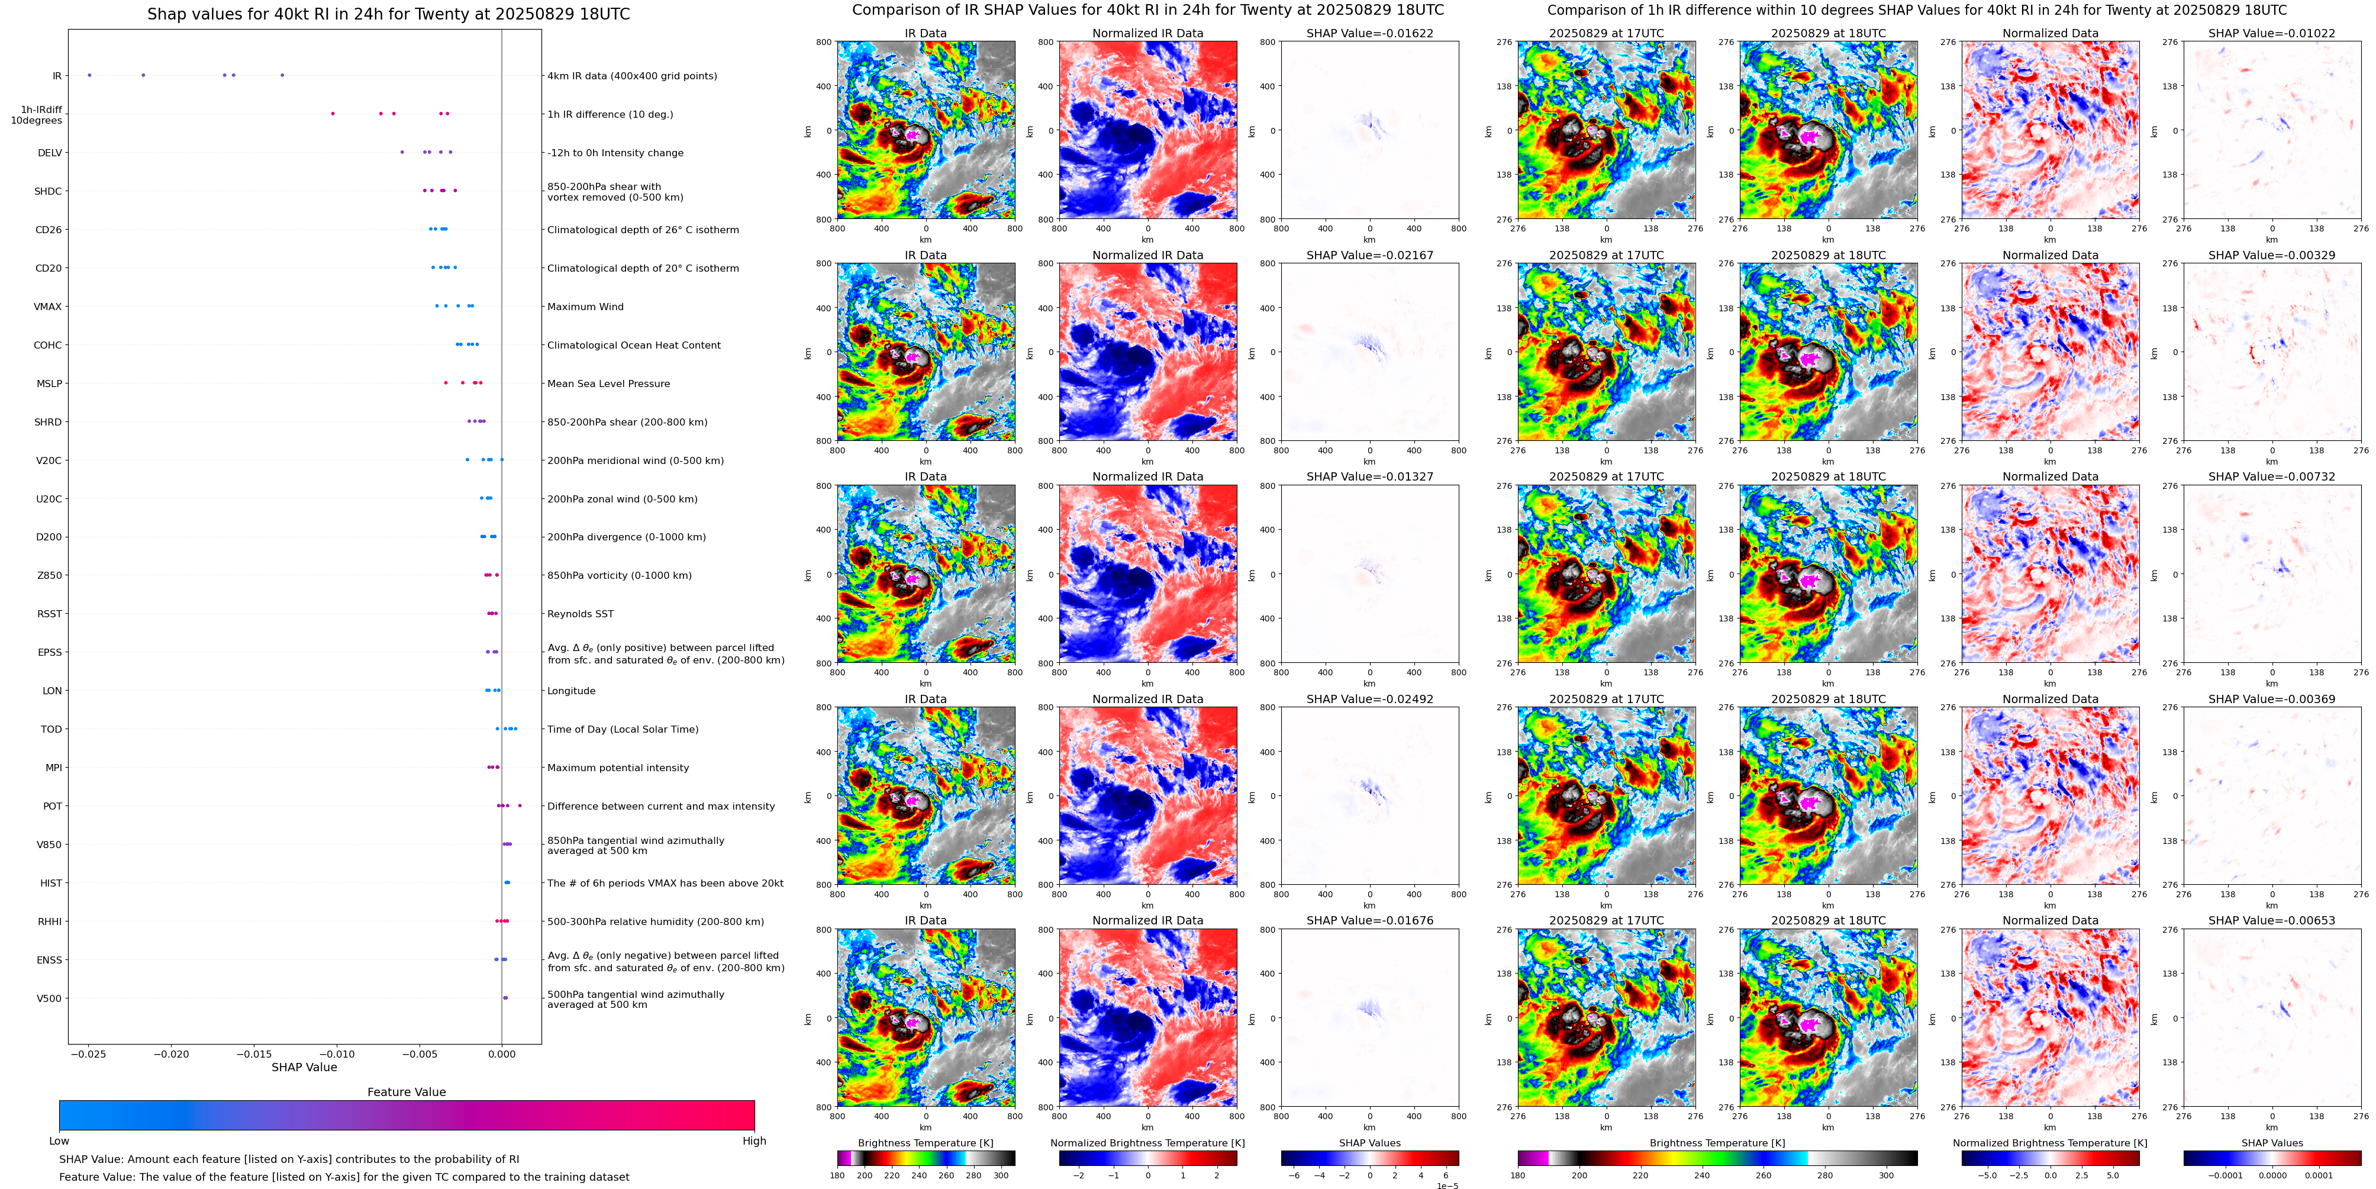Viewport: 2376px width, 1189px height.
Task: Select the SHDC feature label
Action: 48,192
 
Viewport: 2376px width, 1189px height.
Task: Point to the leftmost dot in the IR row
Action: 89,75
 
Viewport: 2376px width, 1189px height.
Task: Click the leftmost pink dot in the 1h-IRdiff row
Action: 333,114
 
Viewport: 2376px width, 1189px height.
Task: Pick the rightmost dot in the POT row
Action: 520,805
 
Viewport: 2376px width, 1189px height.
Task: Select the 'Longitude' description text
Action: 571,691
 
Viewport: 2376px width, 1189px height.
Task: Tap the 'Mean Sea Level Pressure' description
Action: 609,384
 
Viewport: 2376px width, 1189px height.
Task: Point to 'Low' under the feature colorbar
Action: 59,1141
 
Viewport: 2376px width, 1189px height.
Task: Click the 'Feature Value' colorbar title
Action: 406,1092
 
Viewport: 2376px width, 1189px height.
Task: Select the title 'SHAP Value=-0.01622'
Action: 1370,33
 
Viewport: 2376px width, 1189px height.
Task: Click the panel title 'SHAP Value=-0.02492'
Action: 1370,699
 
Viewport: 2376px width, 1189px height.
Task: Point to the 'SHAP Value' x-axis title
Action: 304,1067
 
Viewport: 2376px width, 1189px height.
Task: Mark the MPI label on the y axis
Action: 53,768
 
